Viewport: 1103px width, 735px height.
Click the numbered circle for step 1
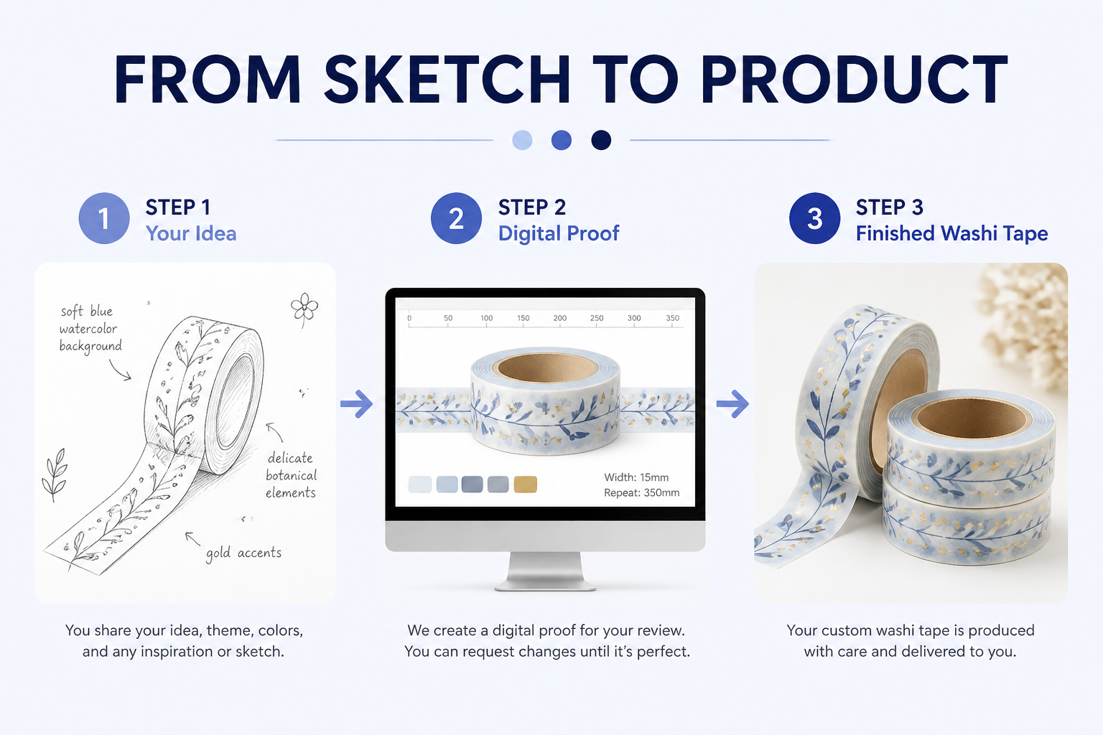pyautogui.click(x=104, y=218)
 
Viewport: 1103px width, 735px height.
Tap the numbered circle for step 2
pyautogui.click(x=456, y=218)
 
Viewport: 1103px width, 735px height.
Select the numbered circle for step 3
pyautogui.click(x=814, y=218)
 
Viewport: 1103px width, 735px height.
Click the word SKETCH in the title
pyautogui.click(x=447, y=79)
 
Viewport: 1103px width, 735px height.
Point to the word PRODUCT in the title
pyautogui.click(x=855, y=79)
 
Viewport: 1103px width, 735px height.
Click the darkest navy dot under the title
pyautogui.click(x=601, y=140)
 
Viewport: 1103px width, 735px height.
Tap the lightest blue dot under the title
pyautogui.click(x=522, y=140)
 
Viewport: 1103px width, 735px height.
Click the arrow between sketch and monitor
pyautogui.click(x=356, y=404)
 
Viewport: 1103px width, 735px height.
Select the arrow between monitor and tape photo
pyautogui.click(x=732, y=404)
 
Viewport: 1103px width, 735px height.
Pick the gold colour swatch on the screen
pyautogui.click(x=526, y=484)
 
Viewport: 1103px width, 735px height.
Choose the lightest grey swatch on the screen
pyautogui.click(x=420, y=484)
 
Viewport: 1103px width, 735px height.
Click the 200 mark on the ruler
pyautogui.click(x=560, y=318)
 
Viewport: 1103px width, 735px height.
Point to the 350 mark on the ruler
pyautogui.click(x=673, y=318)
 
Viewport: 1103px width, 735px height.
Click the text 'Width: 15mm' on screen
pyautogui.click(x=636, y=477)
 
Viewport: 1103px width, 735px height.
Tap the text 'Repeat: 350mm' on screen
pyautogui.click(x=641, y=493)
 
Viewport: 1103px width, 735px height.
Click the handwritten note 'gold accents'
pyautogui.click(x=243, y=553)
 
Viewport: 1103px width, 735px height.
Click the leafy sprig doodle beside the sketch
pyautogui.click(x=55, y=474)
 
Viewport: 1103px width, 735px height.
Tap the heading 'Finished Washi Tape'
pyautogui.click(x=951, y=233)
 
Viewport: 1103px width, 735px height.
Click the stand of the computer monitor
pyautogui.click(x=545, y=571)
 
